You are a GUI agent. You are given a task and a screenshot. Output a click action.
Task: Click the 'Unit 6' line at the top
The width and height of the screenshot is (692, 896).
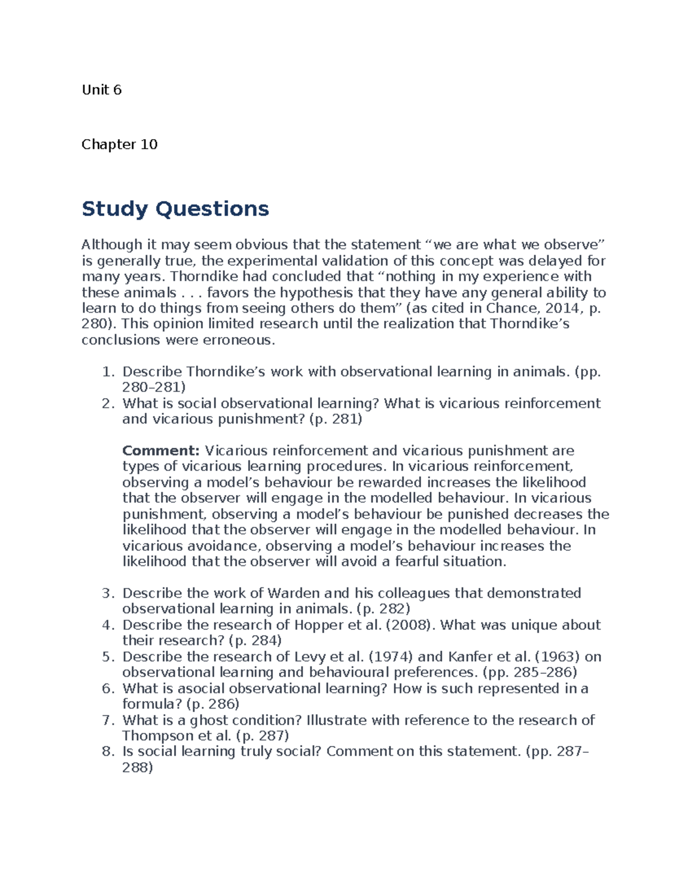click(101, 89)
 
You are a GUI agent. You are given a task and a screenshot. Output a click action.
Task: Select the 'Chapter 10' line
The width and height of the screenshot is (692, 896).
click(119, 144)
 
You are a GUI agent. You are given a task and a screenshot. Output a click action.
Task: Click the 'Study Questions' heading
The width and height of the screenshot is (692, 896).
click(175, 208)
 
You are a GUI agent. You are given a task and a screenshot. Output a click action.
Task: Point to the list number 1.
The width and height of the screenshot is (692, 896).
click(107, 372)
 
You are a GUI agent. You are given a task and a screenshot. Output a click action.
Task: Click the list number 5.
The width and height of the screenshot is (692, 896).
click(107, 657)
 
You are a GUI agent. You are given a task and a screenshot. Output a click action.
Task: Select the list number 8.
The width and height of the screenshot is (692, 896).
click(107, 751)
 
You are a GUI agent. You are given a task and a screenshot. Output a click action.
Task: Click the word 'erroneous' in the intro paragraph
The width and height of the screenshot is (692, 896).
click(237, 340)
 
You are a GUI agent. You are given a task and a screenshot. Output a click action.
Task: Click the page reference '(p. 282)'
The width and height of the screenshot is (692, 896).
click(383, 609)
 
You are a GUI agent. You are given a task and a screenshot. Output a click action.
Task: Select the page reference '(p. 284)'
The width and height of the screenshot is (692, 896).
click(255, 640)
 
